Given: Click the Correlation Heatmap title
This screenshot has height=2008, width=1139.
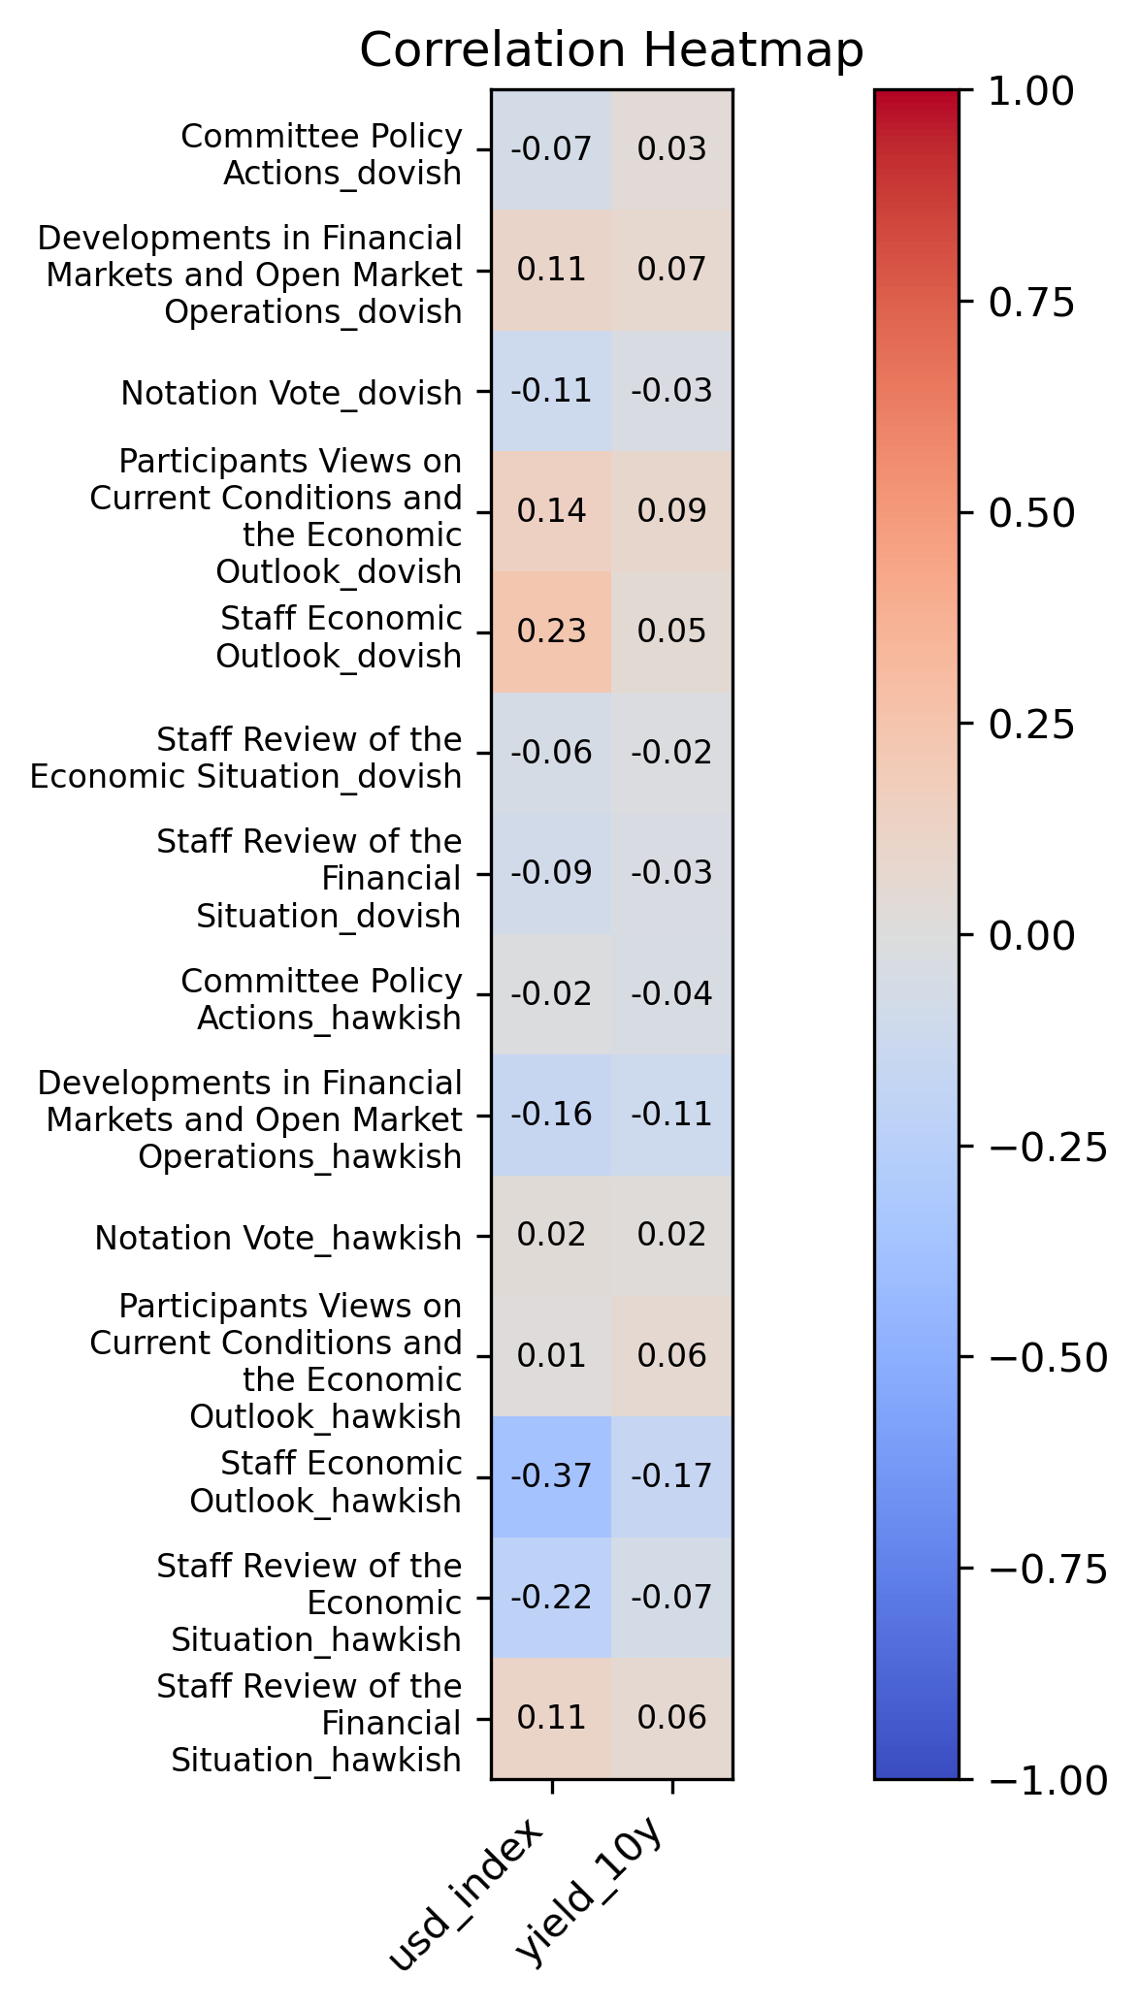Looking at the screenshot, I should pos(611,50).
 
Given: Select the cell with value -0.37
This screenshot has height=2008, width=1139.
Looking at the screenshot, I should pos(551,1476).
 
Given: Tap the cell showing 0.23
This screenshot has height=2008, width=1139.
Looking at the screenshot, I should pos(551,632).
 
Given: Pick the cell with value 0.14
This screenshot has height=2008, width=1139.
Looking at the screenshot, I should pos(551,511).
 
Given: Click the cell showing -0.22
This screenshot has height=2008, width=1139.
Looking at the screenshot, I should pos(551,1597).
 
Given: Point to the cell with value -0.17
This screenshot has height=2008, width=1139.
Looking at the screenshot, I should pos(671,1476).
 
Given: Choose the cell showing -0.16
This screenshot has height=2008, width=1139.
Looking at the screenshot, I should pos(551,1114).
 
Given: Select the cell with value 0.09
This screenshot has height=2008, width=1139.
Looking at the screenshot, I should pos(671,511).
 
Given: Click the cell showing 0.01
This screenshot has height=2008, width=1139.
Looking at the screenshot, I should pos(551,1355).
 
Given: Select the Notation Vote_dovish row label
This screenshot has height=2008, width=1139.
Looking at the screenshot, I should pos(291,393).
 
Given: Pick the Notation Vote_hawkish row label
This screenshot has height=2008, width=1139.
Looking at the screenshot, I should pos(278,1238).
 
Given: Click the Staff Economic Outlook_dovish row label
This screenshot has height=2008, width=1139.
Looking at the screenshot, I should pos(339,637).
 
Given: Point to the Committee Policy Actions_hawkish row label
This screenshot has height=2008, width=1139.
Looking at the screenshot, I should pos(321,999).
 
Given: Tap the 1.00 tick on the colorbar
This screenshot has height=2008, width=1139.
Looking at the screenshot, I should pos(1030,91).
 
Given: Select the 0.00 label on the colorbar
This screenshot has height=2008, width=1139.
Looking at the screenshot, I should pos(1030,936).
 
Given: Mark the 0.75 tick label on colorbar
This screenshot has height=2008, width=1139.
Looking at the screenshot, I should pos(1030,303).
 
